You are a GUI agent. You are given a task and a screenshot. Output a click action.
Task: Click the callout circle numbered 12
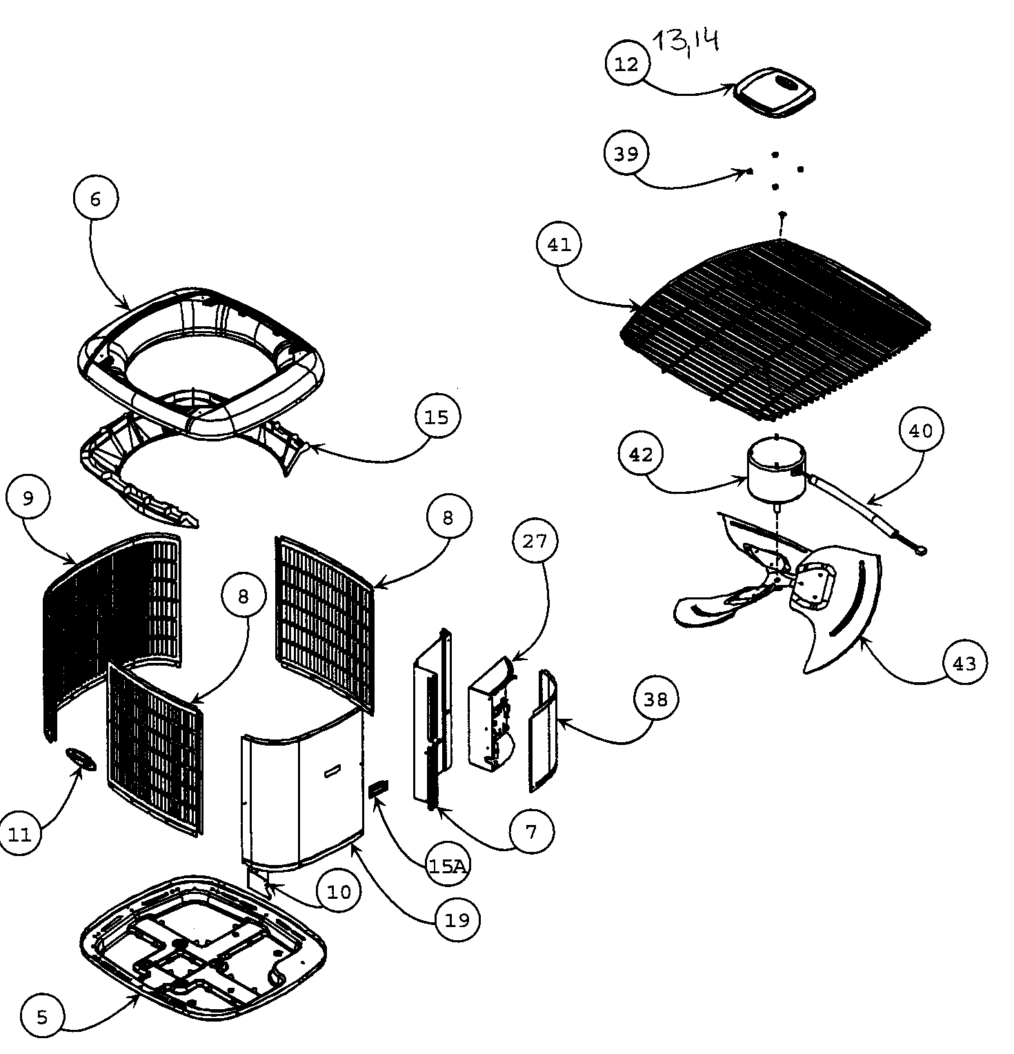point(626,63)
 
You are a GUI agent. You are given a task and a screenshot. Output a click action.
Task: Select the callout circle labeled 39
point(626,153)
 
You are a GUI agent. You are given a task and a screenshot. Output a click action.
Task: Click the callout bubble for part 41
point(559,245)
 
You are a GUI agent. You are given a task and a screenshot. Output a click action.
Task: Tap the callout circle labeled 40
point(921,430)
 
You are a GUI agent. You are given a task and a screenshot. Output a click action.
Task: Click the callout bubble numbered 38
point(655,699)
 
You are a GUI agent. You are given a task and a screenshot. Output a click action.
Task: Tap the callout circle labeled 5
point(42,1017)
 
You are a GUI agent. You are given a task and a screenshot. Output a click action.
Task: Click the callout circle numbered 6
point(95,199)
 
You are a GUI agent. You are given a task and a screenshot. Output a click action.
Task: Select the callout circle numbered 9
point(28,498)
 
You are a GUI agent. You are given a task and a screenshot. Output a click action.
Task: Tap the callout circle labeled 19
point(457,919)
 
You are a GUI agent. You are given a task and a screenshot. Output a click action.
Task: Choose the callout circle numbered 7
point(530,832)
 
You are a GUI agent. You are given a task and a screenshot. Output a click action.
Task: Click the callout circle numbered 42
point(641,455)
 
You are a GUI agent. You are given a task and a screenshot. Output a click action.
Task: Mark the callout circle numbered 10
point(339,892)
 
